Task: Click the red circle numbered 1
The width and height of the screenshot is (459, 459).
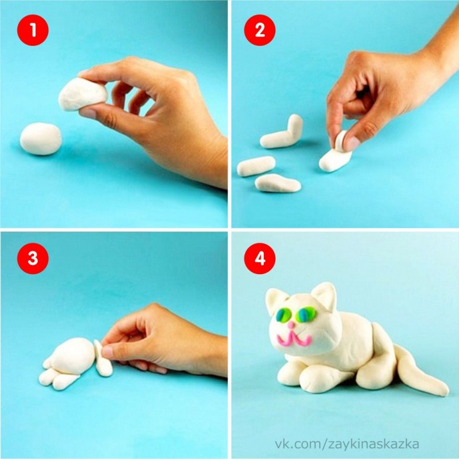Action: [x=33, y=30]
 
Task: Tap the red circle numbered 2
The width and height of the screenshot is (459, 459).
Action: [x=260, y=30]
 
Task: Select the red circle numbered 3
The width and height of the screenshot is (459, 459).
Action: [x=33, y=258]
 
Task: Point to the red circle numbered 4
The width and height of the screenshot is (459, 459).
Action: [x=260, y=258]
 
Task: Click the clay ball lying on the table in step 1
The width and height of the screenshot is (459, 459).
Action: [x=41, y=139]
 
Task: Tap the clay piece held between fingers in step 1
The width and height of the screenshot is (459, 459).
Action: [x=82, y=94]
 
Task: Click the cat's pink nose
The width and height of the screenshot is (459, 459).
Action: [x=291, y=325]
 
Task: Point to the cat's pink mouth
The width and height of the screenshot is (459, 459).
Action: [x=294, y=338]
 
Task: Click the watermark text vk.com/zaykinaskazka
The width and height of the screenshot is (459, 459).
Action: [x=346, y=444]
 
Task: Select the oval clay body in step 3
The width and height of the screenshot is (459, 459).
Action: [x=72, y=355]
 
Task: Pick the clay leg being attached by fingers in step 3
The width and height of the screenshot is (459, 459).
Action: [x=103, y=359]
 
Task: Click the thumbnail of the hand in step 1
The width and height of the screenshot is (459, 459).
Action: [x=87, y=113]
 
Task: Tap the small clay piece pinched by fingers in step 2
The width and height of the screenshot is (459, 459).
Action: [x=341, y=141]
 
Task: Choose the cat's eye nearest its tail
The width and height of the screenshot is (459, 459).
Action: [x=307, y=315]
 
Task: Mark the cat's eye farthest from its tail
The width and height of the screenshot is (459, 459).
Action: [x=283, y=315]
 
